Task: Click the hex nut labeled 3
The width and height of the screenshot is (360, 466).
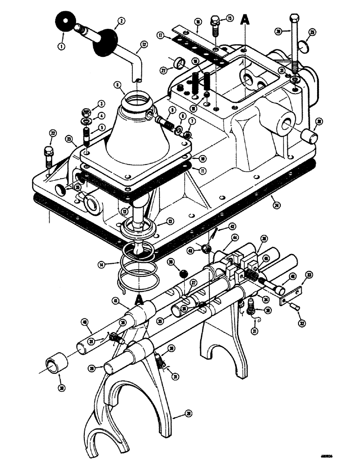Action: coord(86,112)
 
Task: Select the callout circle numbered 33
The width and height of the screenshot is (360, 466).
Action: coord(308,275)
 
